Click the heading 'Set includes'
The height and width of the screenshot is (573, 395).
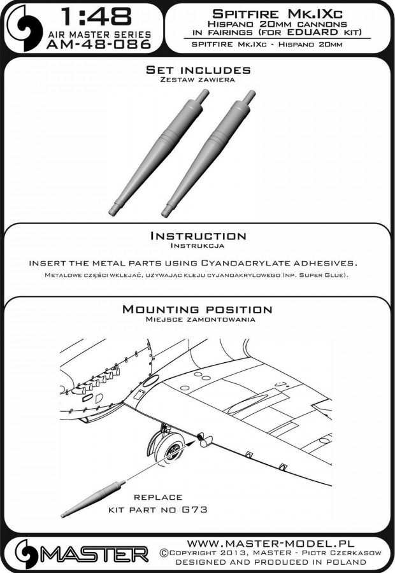(x=197, y=69)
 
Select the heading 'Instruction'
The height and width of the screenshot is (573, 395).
(x=197, y=236)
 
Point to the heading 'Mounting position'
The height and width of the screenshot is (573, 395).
(x=197, y=309)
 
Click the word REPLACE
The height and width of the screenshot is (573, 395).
(x=157, y=497)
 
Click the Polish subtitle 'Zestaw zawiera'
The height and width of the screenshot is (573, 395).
(x=197, y=80)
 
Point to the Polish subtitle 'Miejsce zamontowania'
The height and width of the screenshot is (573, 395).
(x=197, y=320)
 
